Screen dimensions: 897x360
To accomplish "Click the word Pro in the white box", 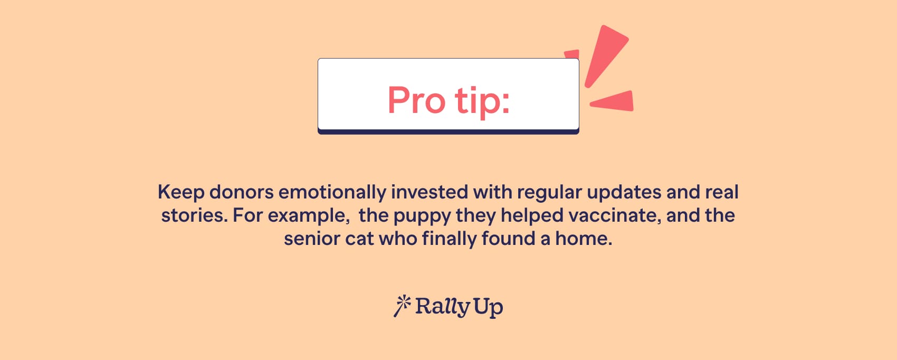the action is pos(416,100).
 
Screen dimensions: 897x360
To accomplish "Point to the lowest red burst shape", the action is pos(612,101).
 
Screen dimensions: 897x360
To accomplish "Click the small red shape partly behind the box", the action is pos(572,54).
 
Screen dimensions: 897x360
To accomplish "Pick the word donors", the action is pos(242,192).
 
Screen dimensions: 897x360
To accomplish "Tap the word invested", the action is pos(430,192).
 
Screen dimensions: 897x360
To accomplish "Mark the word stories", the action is pos(194,216).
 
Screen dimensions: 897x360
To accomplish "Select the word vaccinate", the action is pos(615,216).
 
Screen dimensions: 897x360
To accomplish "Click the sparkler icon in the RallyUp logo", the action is pos(402,306).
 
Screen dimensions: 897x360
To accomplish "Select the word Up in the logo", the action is pos(488,308).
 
